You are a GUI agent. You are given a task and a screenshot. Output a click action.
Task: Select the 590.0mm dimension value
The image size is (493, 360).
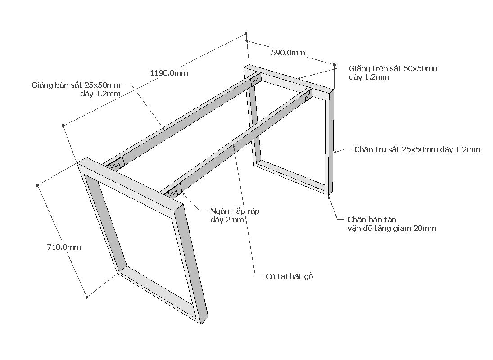point(288,53)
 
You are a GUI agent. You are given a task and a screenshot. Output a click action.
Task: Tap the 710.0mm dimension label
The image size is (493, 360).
point(64,247)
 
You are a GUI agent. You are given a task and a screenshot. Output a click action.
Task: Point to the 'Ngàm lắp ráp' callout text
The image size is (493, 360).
point(235,211)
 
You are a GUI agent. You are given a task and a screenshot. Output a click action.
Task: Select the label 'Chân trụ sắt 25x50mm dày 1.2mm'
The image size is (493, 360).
point(417,149)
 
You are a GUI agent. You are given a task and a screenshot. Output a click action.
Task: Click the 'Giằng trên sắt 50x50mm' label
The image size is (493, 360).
point(394,69)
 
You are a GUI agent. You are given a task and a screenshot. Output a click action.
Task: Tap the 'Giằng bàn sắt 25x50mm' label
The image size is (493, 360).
point(76,85)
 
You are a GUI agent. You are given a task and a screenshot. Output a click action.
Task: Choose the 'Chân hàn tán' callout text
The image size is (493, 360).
point(372,220)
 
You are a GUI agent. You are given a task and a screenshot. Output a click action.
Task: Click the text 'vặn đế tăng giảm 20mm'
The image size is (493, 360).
point(392,228)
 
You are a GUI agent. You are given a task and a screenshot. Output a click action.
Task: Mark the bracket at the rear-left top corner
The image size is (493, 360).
point(256,80)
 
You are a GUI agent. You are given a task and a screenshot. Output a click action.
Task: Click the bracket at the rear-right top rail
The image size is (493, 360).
point(308,96)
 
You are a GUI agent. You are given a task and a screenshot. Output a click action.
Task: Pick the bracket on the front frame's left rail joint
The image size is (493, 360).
point(115,165)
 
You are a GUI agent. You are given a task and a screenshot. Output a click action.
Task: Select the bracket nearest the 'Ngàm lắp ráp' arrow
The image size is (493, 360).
point(173,192)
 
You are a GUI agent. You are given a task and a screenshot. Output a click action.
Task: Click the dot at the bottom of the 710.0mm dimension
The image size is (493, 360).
point(87,297)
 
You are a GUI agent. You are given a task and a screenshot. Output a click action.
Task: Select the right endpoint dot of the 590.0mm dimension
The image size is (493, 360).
point(335,65)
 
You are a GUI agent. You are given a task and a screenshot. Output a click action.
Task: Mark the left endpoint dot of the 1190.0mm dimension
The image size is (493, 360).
point(63,126)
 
